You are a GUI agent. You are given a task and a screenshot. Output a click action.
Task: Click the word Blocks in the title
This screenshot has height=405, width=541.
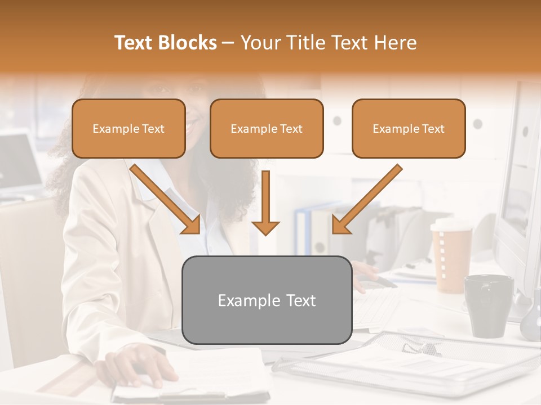[187, 43]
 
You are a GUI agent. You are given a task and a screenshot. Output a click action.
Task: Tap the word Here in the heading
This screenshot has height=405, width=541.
[394, 43]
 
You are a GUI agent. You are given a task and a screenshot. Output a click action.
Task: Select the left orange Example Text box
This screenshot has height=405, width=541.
[128, 128]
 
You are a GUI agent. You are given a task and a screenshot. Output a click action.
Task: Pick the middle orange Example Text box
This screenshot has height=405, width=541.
[267, 128]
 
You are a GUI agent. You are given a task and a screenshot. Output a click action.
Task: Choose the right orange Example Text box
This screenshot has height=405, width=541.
[409, 128]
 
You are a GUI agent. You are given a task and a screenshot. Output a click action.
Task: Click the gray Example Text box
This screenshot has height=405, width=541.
[267, 300]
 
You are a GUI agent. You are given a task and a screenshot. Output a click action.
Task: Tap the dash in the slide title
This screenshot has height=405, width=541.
[228, 43]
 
